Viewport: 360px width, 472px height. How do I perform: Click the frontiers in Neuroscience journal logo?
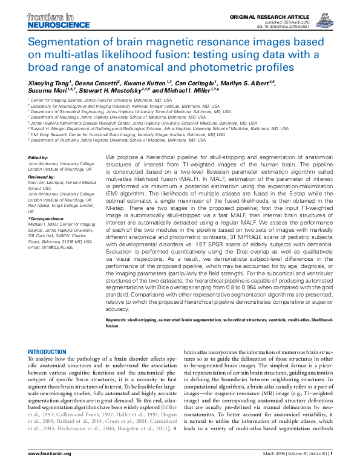coord(48,19)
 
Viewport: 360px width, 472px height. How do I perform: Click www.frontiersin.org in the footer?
coord(50,453)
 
